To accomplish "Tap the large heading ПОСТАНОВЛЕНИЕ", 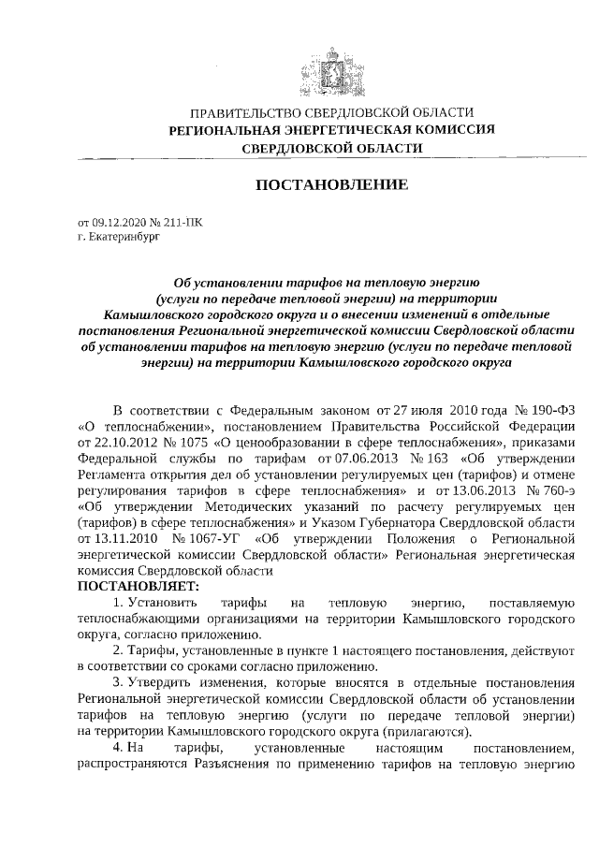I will (332, 185).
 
